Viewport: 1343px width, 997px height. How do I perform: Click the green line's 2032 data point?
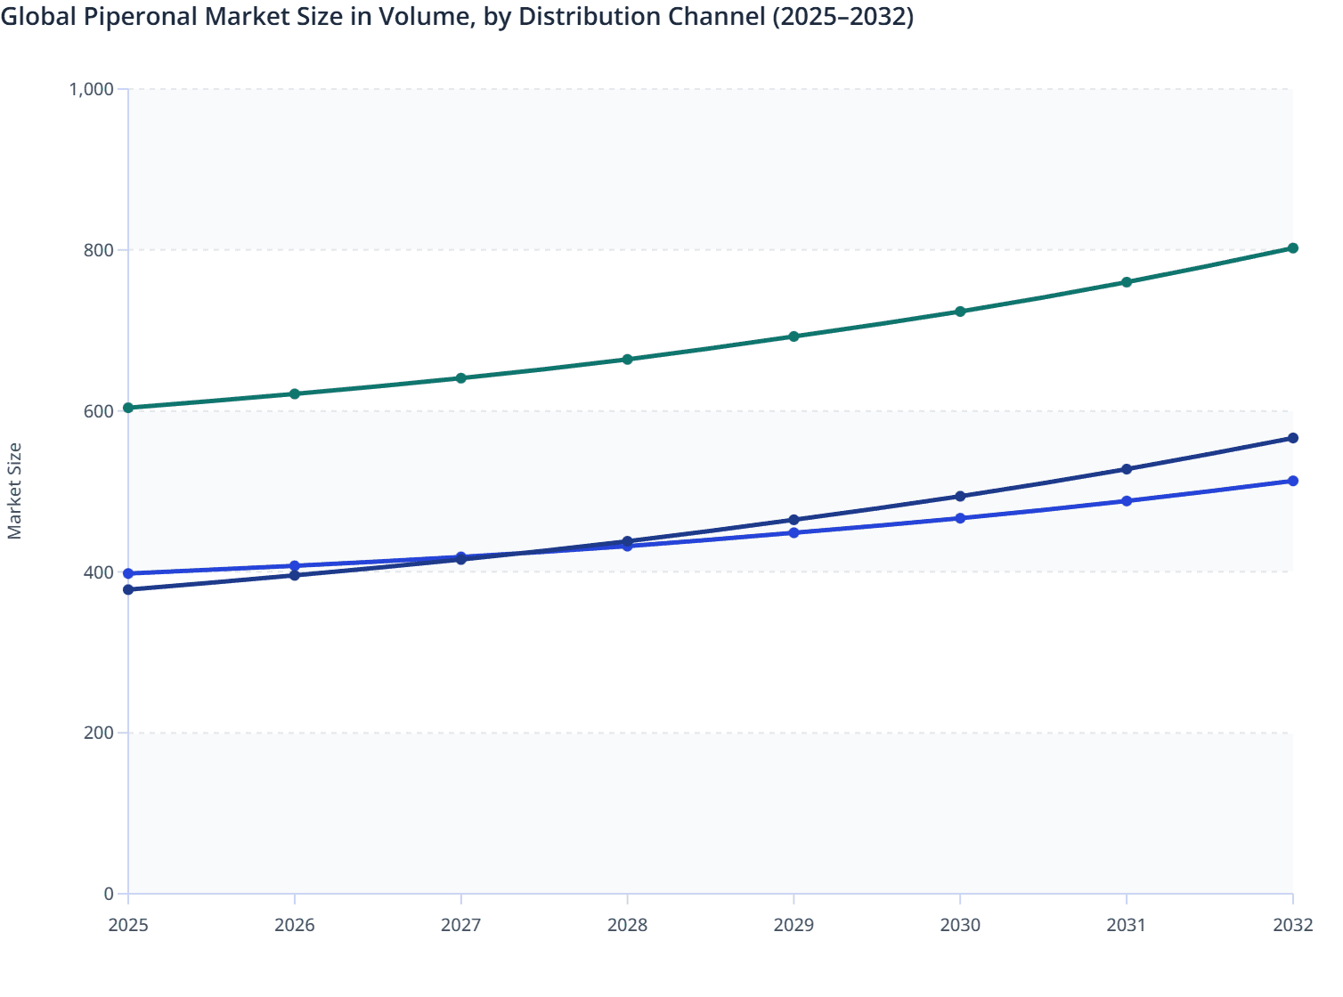1292,248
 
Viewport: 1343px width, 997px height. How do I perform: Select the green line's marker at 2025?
128,408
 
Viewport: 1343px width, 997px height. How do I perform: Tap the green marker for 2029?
794,336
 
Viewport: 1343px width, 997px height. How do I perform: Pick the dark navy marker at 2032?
1292,438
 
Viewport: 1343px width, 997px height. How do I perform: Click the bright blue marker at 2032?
1292,481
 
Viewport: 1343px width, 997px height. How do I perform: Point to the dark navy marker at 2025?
128,589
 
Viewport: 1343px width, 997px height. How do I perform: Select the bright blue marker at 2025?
128,573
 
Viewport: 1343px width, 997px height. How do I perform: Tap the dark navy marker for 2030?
960,496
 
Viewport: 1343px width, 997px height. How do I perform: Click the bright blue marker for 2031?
1127,501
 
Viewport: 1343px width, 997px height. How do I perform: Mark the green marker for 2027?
461,378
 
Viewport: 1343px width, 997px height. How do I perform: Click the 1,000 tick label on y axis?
91,89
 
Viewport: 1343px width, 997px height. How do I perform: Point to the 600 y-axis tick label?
99,411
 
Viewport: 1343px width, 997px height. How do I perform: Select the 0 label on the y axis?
109,894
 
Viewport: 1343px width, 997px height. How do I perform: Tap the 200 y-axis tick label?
99,733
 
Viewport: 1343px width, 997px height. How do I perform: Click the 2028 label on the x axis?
627,925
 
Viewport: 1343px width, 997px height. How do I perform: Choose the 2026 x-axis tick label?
295,925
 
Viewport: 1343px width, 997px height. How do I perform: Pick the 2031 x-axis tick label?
1127,925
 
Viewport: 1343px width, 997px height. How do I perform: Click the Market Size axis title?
15,490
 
